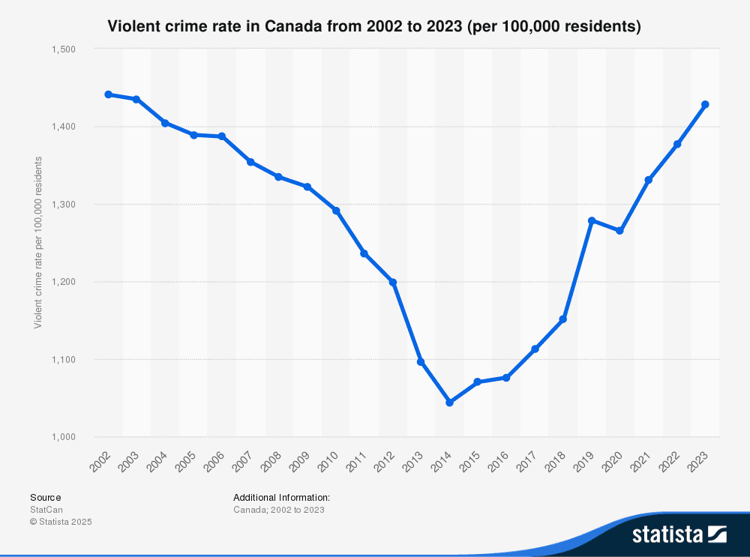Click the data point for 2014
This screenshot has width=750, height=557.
pos(449,403)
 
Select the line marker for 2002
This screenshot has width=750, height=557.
pos(108,94)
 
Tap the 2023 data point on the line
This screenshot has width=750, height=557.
pos(705,104)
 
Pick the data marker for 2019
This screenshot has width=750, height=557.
pos(592,220)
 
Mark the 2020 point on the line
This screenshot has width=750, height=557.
pos(620,230)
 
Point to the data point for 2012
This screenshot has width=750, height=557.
pos(392,282)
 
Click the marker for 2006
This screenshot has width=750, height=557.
pos(222,136)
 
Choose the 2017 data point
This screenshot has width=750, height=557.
pos(535,349)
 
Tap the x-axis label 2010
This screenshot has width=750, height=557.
pos(328,462)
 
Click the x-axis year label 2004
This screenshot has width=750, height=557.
pos(157,462)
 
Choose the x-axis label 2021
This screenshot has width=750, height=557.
pos(641,462)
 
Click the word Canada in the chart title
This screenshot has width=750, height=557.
pos(286,27)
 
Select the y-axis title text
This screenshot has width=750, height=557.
pos(37,242)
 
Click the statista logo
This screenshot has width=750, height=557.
pos(679,535)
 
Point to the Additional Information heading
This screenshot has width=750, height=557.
pos(281,497)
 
